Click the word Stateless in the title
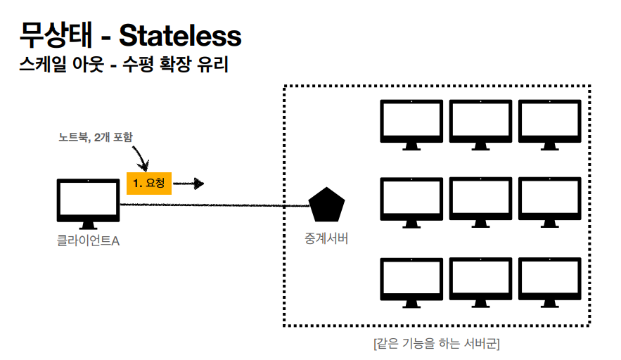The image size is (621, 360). [x=180, y=35]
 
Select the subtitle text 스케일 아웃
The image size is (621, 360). [x=56, y=66]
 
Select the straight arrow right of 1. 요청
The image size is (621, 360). [x=188, y=184]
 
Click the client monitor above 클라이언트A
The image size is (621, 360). [x=88, y=201]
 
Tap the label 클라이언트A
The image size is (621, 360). [x=88, y=241]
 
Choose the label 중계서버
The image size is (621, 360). [x=326, y=239]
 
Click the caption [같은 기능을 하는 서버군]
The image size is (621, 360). [x=437, y=344]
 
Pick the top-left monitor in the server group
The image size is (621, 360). [x=411, y=122]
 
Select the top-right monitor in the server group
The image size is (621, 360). [x=549, y=122]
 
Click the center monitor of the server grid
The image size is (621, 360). [x=480, y=200]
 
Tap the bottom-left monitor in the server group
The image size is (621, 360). [x=411, y=280]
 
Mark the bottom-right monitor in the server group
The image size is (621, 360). [x=549, y=280]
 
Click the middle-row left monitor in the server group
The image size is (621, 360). [x=411, y=200]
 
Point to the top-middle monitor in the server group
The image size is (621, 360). [x=480, y=122]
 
